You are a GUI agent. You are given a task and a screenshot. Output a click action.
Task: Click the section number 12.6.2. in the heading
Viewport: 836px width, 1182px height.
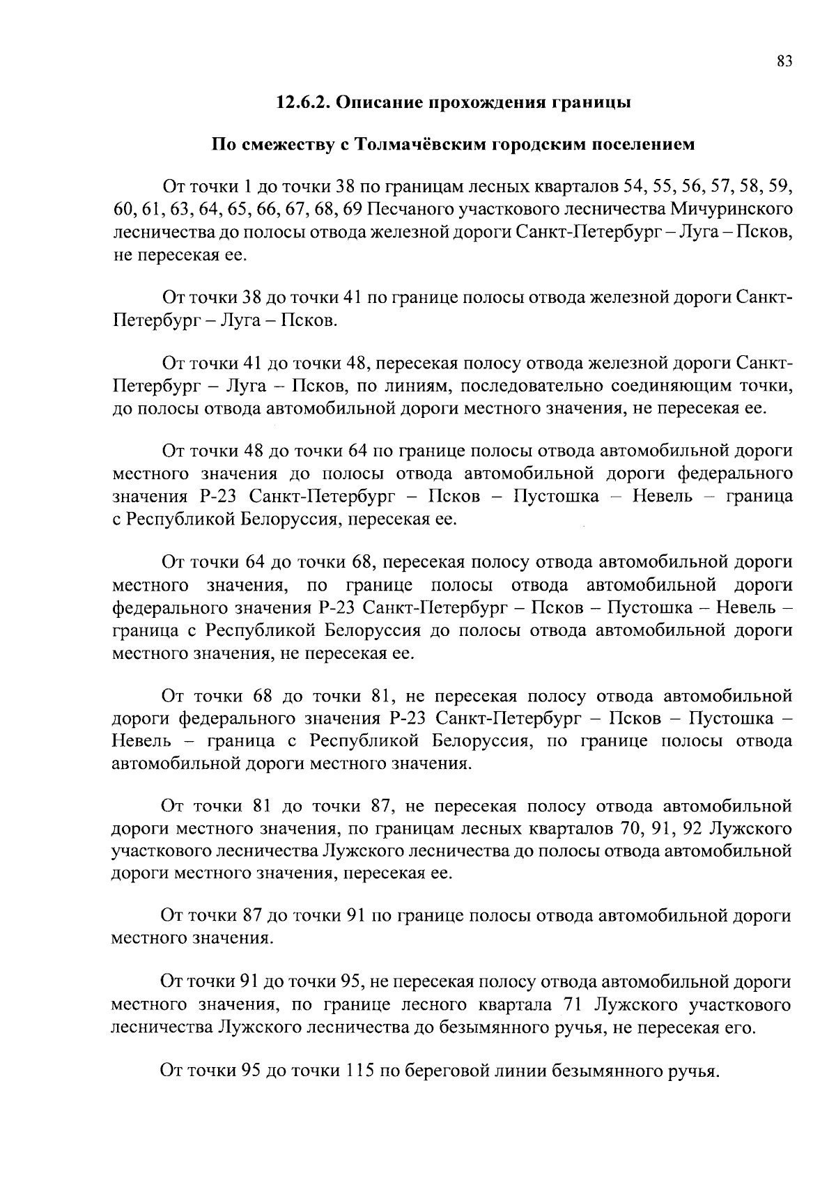point(301,103)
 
